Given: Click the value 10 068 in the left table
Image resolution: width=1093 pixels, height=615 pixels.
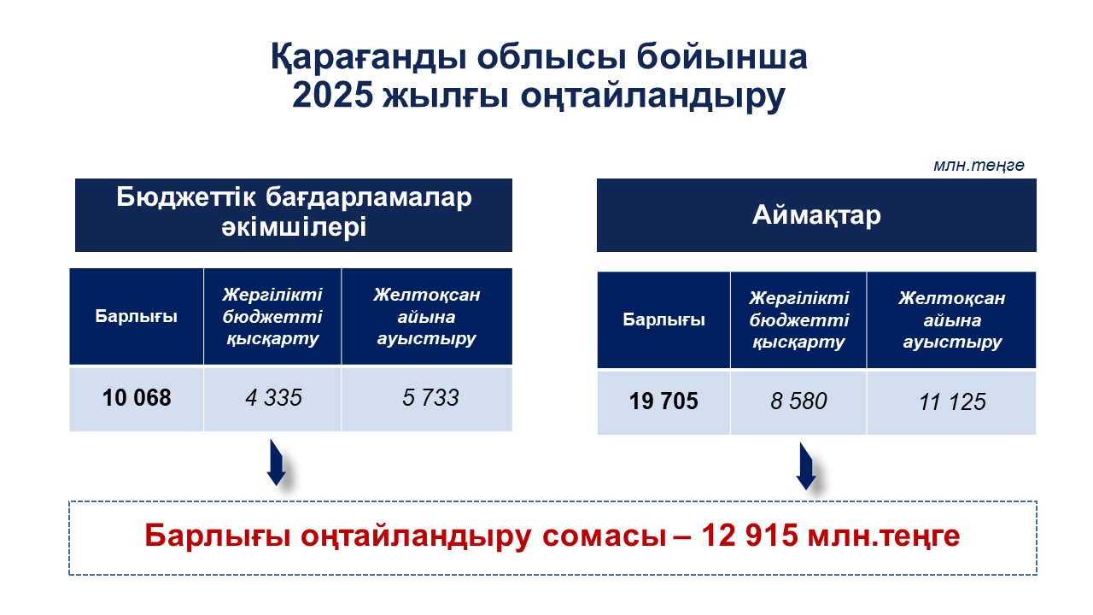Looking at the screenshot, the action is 137,398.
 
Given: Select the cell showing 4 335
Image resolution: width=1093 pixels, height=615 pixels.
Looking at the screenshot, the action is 274,398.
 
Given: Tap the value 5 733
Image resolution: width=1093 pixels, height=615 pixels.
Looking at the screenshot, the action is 430,398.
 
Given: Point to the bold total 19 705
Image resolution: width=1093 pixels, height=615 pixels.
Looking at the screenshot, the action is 663,401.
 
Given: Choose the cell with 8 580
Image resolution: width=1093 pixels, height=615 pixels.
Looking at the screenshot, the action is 798,401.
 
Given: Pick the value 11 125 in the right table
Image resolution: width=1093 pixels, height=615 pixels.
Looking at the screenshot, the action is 952,402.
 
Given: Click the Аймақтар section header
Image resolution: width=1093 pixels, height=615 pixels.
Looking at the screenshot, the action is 816,215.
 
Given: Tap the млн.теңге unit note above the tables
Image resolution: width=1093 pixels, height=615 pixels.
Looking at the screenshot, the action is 979,166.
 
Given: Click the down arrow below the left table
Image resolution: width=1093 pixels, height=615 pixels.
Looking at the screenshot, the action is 276,463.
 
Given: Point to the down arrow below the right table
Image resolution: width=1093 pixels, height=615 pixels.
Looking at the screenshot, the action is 805,466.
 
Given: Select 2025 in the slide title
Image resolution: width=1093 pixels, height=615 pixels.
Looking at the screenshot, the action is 333,95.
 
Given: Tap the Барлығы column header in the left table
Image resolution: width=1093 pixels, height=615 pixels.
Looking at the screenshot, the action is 136,316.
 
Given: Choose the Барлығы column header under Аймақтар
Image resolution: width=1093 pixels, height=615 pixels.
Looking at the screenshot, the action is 663,319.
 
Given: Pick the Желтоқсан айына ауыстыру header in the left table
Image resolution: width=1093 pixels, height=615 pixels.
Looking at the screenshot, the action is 426,316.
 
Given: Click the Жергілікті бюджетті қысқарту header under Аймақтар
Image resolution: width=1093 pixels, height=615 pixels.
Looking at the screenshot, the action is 798,319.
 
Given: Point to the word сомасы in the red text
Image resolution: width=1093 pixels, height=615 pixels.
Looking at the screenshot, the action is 604,536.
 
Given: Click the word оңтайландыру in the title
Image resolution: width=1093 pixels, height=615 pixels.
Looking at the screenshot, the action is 653,97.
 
